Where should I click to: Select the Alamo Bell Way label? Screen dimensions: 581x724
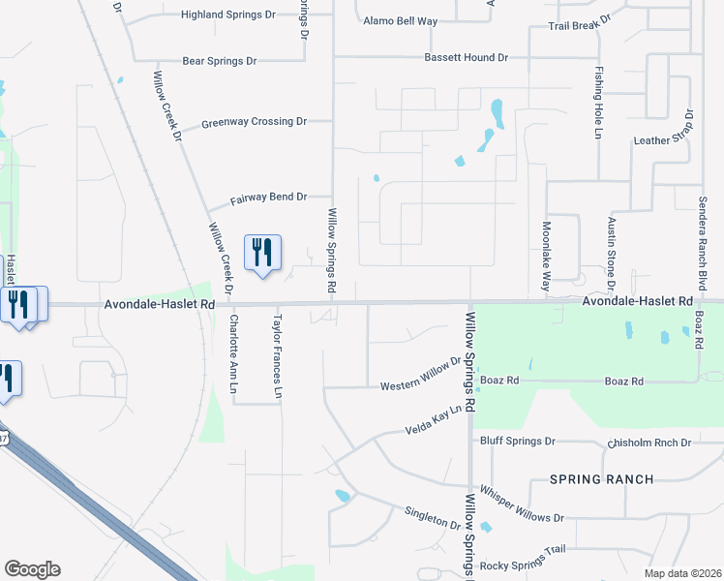401,20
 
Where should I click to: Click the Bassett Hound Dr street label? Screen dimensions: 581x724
466,58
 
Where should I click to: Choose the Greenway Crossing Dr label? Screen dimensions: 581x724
254,123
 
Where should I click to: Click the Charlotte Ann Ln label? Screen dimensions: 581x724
233,352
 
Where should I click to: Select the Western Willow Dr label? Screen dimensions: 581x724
421,375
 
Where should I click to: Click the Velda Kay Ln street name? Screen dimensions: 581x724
434,420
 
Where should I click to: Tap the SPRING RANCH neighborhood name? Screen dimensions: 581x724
602,479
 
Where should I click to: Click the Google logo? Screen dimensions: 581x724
32,569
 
